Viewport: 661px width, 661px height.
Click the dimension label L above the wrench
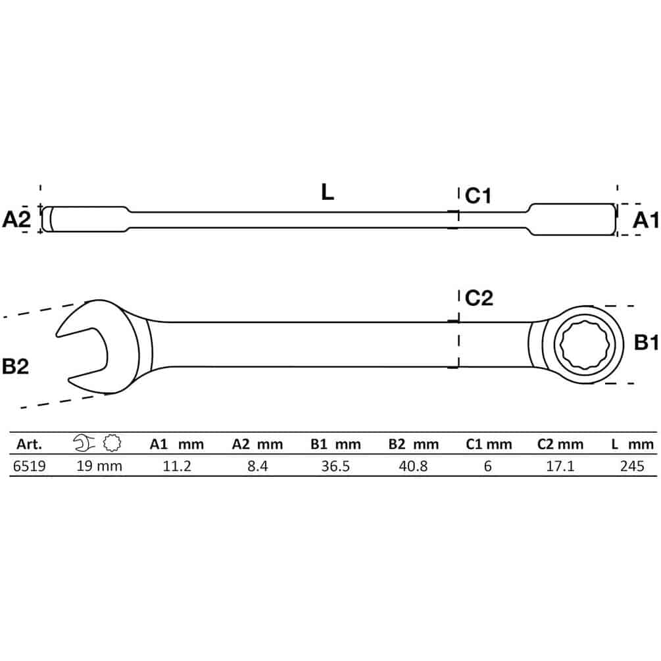coord(327,192)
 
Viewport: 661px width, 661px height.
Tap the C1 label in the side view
coord(478,196)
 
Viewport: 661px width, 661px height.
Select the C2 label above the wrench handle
coord(479,298)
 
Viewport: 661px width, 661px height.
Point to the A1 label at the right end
coord(645,220)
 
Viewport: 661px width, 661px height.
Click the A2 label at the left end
coord(16,219)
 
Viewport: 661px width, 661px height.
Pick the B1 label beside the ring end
coord(647,343)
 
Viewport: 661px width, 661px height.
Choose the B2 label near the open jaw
coord(15,366)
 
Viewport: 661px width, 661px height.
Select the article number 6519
coord(29,466)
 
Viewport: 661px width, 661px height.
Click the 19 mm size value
coord(99,466)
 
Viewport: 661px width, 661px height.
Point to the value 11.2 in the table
coord(177,466)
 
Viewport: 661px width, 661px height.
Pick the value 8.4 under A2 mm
coord(258,466)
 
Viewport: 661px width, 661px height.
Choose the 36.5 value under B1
coord(335,466)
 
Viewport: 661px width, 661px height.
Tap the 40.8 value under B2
coord(413,466)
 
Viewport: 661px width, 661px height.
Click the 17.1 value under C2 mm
coord(560,466)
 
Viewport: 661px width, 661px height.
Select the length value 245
coord(632,466)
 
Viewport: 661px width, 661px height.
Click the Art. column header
coord(29,444)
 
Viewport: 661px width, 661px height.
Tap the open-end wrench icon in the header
coord(84,443)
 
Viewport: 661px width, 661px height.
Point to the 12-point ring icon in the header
coord(112,443)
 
